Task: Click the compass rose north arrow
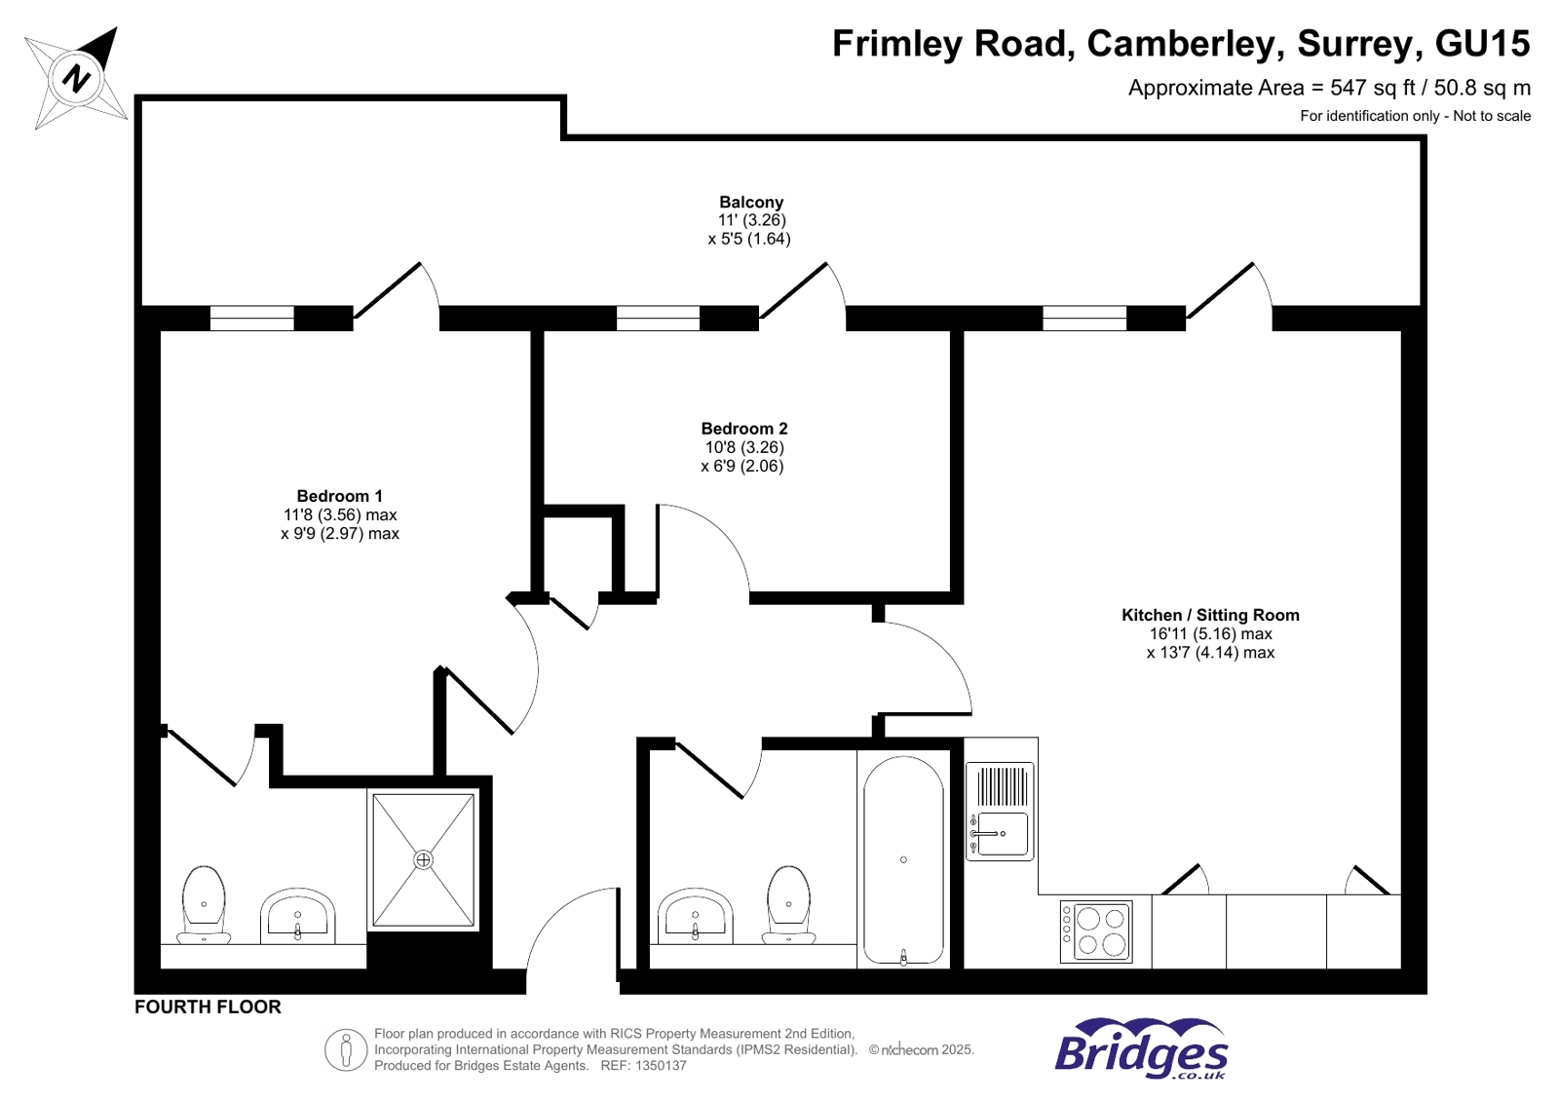[x=77, y=77]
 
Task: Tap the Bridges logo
[x=1140, y=1049]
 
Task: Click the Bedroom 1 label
[x=339, y=496]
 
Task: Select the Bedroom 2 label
[x=743, y=429]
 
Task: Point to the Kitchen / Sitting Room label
[x=1209, y=615]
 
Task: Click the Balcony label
[x=750, y=203]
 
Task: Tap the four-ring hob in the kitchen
[x=1096, y=931]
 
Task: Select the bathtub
[x=903, y=860]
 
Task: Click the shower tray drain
[x=423, y=859]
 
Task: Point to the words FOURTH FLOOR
[x=208, y=1007]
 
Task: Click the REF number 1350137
[x=661, y=1066]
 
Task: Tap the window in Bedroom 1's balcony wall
[x=251, y=319]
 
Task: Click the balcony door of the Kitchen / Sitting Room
[x=1224, y=291]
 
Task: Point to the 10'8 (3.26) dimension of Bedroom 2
[x=743, y=447]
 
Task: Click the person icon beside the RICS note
[x=345, y=1050]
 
